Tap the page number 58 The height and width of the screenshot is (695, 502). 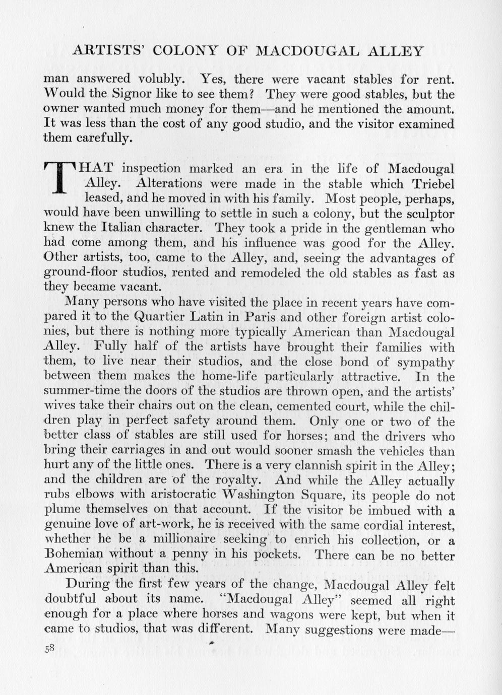tap(49, 649)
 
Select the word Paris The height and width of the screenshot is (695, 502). tap(259, 317)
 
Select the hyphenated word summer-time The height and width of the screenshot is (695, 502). tap(89, 391)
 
